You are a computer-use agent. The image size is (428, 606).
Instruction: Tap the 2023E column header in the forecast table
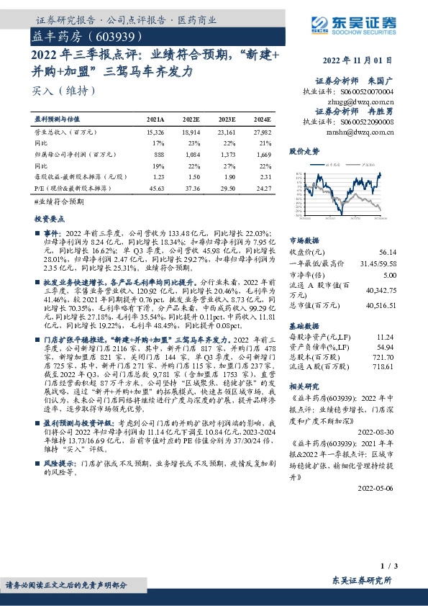(x=227, y=119)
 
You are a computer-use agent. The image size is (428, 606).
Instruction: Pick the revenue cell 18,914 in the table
(x=191, y=132)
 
